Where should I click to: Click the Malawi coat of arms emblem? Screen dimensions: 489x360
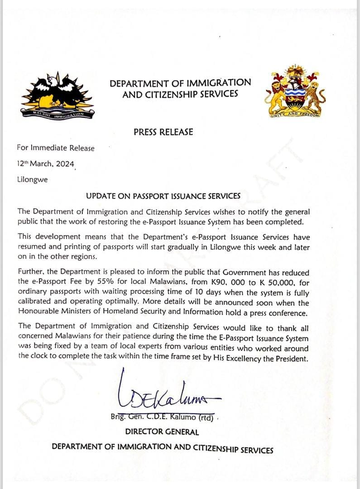294,91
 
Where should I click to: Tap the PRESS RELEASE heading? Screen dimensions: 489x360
163,132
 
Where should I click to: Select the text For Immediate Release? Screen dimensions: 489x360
56,148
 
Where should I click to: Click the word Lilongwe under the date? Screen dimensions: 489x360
32,179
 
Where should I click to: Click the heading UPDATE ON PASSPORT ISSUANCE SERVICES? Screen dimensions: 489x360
163,196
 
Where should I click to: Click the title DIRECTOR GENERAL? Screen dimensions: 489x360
162,432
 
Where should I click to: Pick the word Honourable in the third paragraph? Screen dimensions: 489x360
37,312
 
